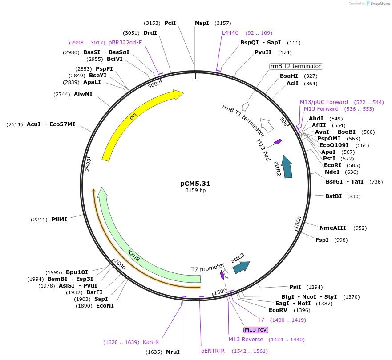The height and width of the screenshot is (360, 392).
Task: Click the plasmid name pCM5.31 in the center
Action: click(x=195, y=183)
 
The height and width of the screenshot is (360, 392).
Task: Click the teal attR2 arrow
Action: click(x=287, y=167)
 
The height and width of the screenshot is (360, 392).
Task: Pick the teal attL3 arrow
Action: click(x=241, y=266)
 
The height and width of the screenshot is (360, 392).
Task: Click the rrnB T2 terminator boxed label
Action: click(x=296, y=66)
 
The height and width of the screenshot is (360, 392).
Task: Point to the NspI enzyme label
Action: click(x=202, y=23)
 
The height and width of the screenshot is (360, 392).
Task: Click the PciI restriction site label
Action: click(x=170, y=23)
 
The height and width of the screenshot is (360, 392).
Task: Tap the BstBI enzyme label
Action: click(x=334, y=196)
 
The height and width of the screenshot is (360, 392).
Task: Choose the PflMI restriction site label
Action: click(x=59, y=219)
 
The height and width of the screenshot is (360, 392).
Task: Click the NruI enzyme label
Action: click(x=173, y=352)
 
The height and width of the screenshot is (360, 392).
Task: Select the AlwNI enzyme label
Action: click(x=83, y=94)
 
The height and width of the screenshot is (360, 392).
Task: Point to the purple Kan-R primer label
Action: click(x=151, y=342)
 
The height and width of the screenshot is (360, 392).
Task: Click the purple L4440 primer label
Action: click(x=230, y=33)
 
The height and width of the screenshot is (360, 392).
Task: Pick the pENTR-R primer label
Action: click(x=213, y=351)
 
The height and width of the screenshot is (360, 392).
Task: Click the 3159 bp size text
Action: click(x=195, y=191)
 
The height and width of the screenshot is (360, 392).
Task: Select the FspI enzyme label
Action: click(x=322, y=240)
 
